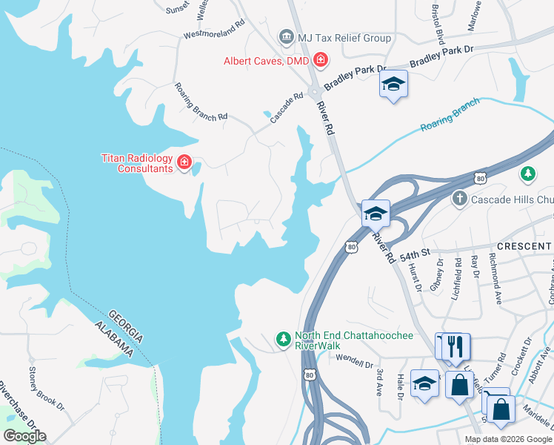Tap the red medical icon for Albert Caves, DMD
(321, 59)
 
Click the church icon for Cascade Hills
(459, 199)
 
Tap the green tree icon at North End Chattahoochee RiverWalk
(282, 339)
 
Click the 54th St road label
(415, 254)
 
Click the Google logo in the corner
(24, 436)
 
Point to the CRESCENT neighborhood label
(521, 245)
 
